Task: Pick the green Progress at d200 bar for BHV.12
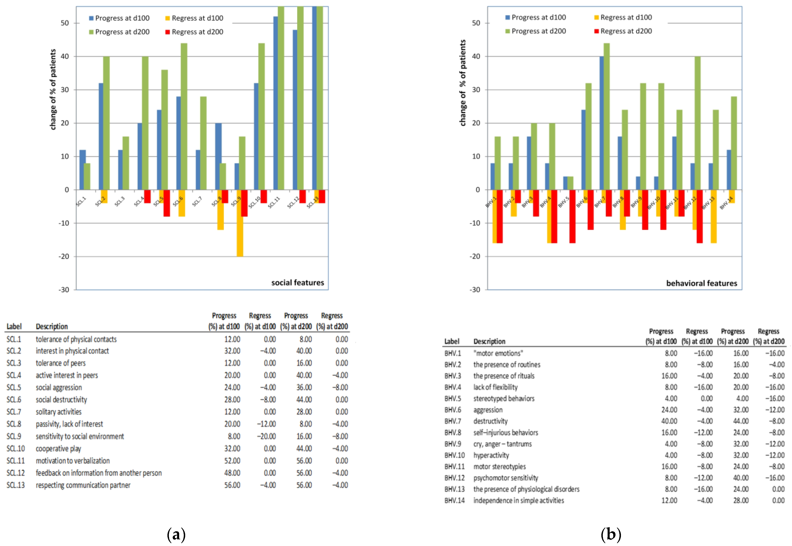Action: coord(697,123)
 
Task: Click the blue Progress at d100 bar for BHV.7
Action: coord(602,123)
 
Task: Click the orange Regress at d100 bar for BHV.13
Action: coord(714,216)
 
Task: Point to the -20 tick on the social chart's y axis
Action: coord(64,256)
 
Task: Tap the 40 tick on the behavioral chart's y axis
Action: coord(476,56)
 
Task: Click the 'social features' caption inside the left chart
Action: coord(297,283)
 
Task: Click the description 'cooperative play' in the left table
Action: coord(58,449)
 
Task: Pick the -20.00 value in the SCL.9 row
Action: coord(266,436)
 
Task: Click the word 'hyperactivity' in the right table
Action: coord(491,455)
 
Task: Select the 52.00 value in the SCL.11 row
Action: coord(232,461)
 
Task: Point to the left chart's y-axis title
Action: coord(53,90)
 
